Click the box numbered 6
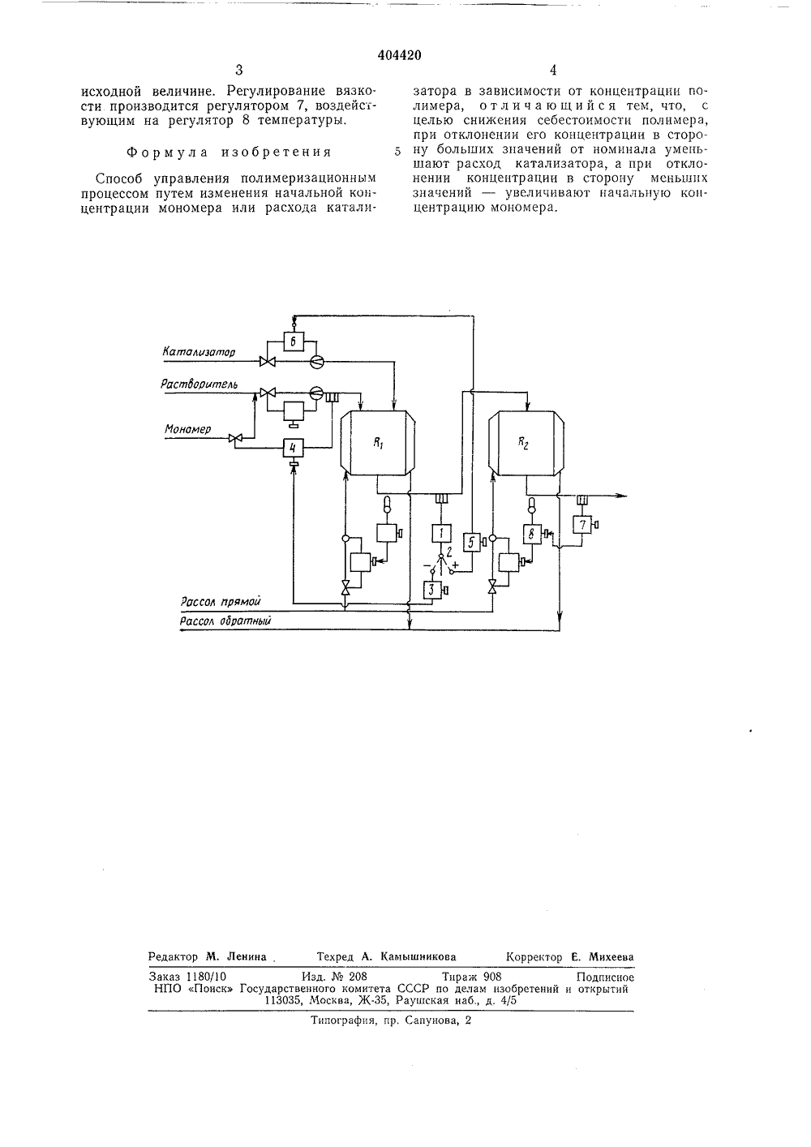pos(294,342)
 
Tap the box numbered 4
pos(294,448)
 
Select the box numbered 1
pos(441,533)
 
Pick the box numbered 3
pos(432,590)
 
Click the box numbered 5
pos(471,542)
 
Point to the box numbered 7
pos(581,524)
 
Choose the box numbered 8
pos(532,534)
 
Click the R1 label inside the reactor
pos(379,444)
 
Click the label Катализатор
pos(199,352)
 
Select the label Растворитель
pos(199,384)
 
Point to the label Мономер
pos(187,429)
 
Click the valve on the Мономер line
pos(235,438)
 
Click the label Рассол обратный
pos(225,621)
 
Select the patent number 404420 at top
pos(399,55)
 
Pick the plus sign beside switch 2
pos(455,565)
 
